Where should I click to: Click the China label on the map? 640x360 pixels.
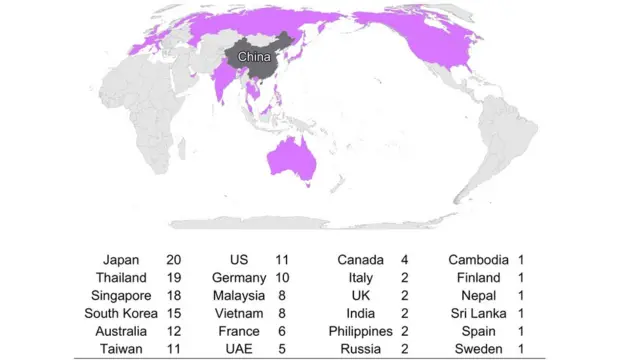(x=254, y=57)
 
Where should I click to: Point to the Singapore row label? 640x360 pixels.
(x=122, y=295)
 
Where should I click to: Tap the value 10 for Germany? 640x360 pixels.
(x=282, y=277)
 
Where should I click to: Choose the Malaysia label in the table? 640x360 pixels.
(x=239, y=295)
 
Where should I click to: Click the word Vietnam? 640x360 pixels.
(x=240, y=313)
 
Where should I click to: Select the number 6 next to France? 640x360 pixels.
(x=282, y=331)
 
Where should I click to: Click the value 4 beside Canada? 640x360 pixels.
(x=404, y=259)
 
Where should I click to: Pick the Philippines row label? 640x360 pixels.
(x=356, y=331)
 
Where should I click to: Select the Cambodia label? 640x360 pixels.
(x=479, y=259)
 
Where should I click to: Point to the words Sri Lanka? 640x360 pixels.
(x=480, y=313)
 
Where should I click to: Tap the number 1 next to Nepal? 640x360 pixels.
(x=521, y=295)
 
